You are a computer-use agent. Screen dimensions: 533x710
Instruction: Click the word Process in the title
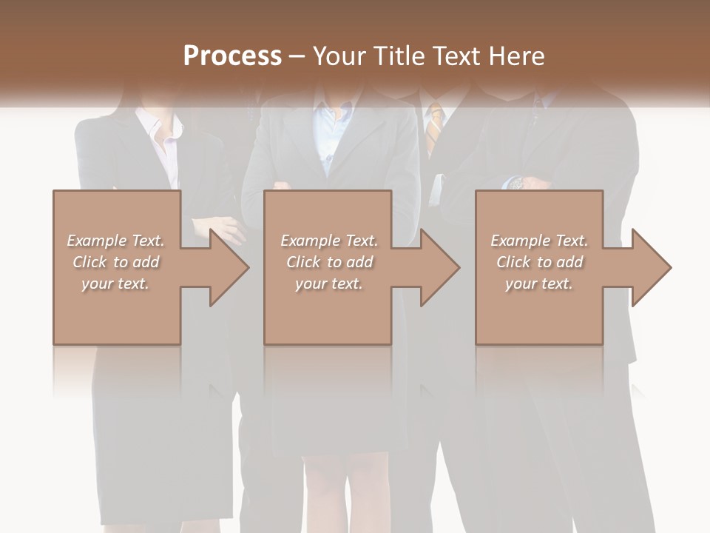point(232,56)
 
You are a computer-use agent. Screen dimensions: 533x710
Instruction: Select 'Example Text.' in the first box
point(115,241)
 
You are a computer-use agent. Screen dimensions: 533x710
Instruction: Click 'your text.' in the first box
point(115,284)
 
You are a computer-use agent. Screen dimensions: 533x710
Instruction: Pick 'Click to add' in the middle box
point(328,262)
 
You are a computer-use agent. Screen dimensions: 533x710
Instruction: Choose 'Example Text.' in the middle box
point(328,241)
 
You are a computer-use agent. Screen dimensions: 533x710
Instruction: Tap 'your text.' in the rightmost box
point(538,284)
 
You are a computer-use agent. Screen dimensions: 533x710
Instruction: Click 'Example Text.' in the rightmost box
point(538,241)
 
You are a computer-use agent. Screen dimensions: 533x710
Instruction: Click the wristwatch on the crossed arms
point(517,182)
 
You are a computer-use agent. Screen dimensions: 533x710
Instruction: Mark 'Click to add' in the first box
point(115,262)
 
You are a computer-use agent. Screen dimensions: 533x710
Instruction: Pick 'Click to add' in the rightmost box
point(538,262)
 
